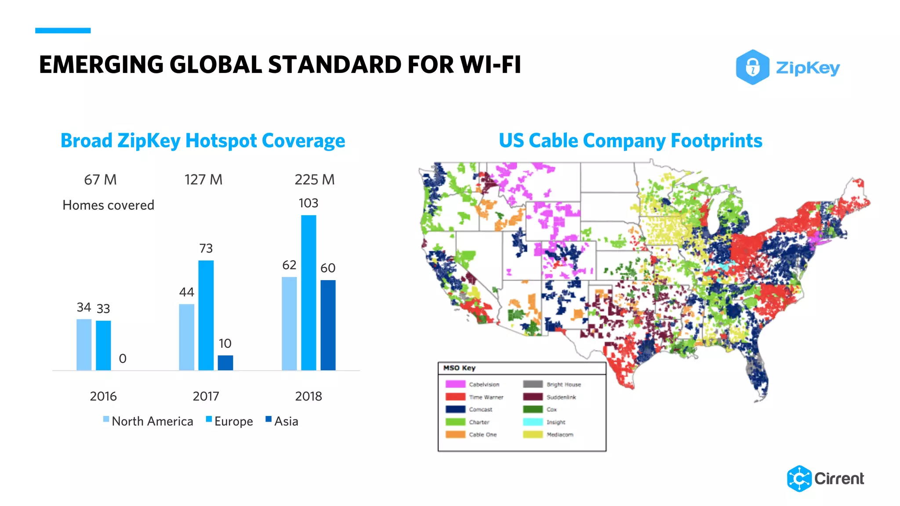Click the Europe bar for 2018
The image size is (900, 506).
pyautogui.click(x=308, y=293)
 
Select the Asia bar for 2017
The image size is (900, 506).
pyautogui.click(x=225, y=362)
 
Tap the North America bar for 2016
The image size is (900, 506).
pyautogui.click(x=84, y=344)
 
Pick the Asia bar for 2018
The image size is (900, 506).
pyautogui.click(x=328, y=325)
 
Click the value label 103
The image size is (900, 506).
pyautogui.click(x=308, y=203)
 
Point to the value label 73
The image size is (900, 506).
pyautogui.click(x=206, y=249)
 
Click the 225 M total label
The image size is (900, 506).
pyautogui.click(x=315, y=180)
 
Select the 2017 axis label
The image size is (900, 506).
pyautogui.click(x=206, y=396)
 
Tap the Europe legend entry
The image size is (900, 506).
pyautogui.click(x=230, y=421)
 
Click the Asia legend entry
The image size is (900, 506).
pyautogui.click(x=282, y=421)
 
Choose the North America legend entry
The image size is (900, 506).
pyautogui.click(x=149, y=421)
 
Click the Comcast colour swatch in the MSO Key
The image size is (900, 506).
pyautogui.click(x=455, y=409)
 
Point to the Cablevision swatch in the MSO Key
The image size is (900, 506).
pyautogui.click(x=455, y=384)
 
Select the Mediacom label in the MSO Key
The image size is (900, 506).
pyautogui.click(x=560, y=435)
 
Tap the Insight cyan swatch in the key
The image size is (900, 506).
pyautogui.click(x=533, y=422)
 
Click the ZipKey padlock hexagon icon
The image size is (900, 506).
pyautogui.click(x=752, y=67)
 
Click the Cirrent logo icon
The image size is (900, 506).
pyautogui.click(x=799, y=478)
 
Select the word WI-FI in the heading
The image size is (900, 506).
pyautogui.click(x=490, y=65)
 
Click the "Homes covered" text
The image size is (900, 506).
pyautogui.click(x=108, y=205)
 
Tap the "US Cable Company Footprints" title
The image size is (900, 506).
pyautogui.click(x=630, y=141)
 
